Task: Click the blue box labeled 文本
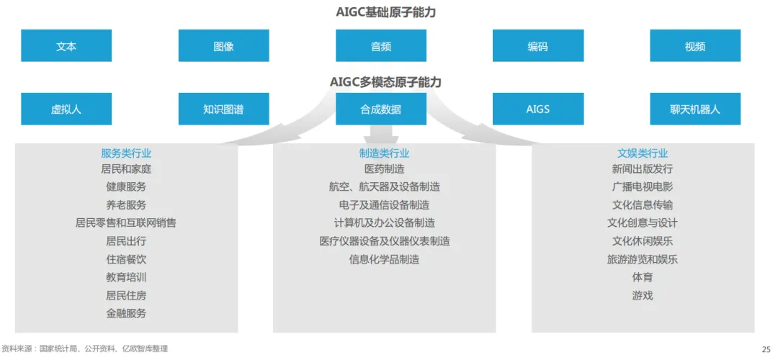[x=66, y=46]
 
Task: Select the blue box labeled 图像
[x=223, y=46]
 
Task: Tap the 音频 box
[x=381, y=46]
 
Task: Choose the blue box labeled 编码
[x=537, y=46]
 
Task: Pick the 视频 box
[x=694, y=46]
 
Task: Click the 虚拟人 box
[x=66, y=109]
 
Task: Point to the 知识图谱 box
[x=223, y=109]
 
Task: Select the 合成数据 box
[x=381, y=109]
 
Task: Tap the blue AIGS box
[x=537, y=109]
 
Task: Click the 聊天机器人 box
[x=694, y=109]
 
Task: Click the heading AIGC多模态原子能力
[x=386, y=82]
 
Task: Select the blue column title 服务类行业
[x=126, y=153]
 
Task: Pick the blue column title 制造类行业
[x=384, y=153]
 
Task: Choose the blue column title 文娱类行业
[x=643, y=153]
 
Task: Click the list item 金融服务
[x=126, y=313]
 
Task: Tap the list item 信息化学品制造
[x=384, y=259]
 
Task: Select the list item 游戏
[x=643, y=295]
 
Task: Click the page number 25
[x=766, y=348]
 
